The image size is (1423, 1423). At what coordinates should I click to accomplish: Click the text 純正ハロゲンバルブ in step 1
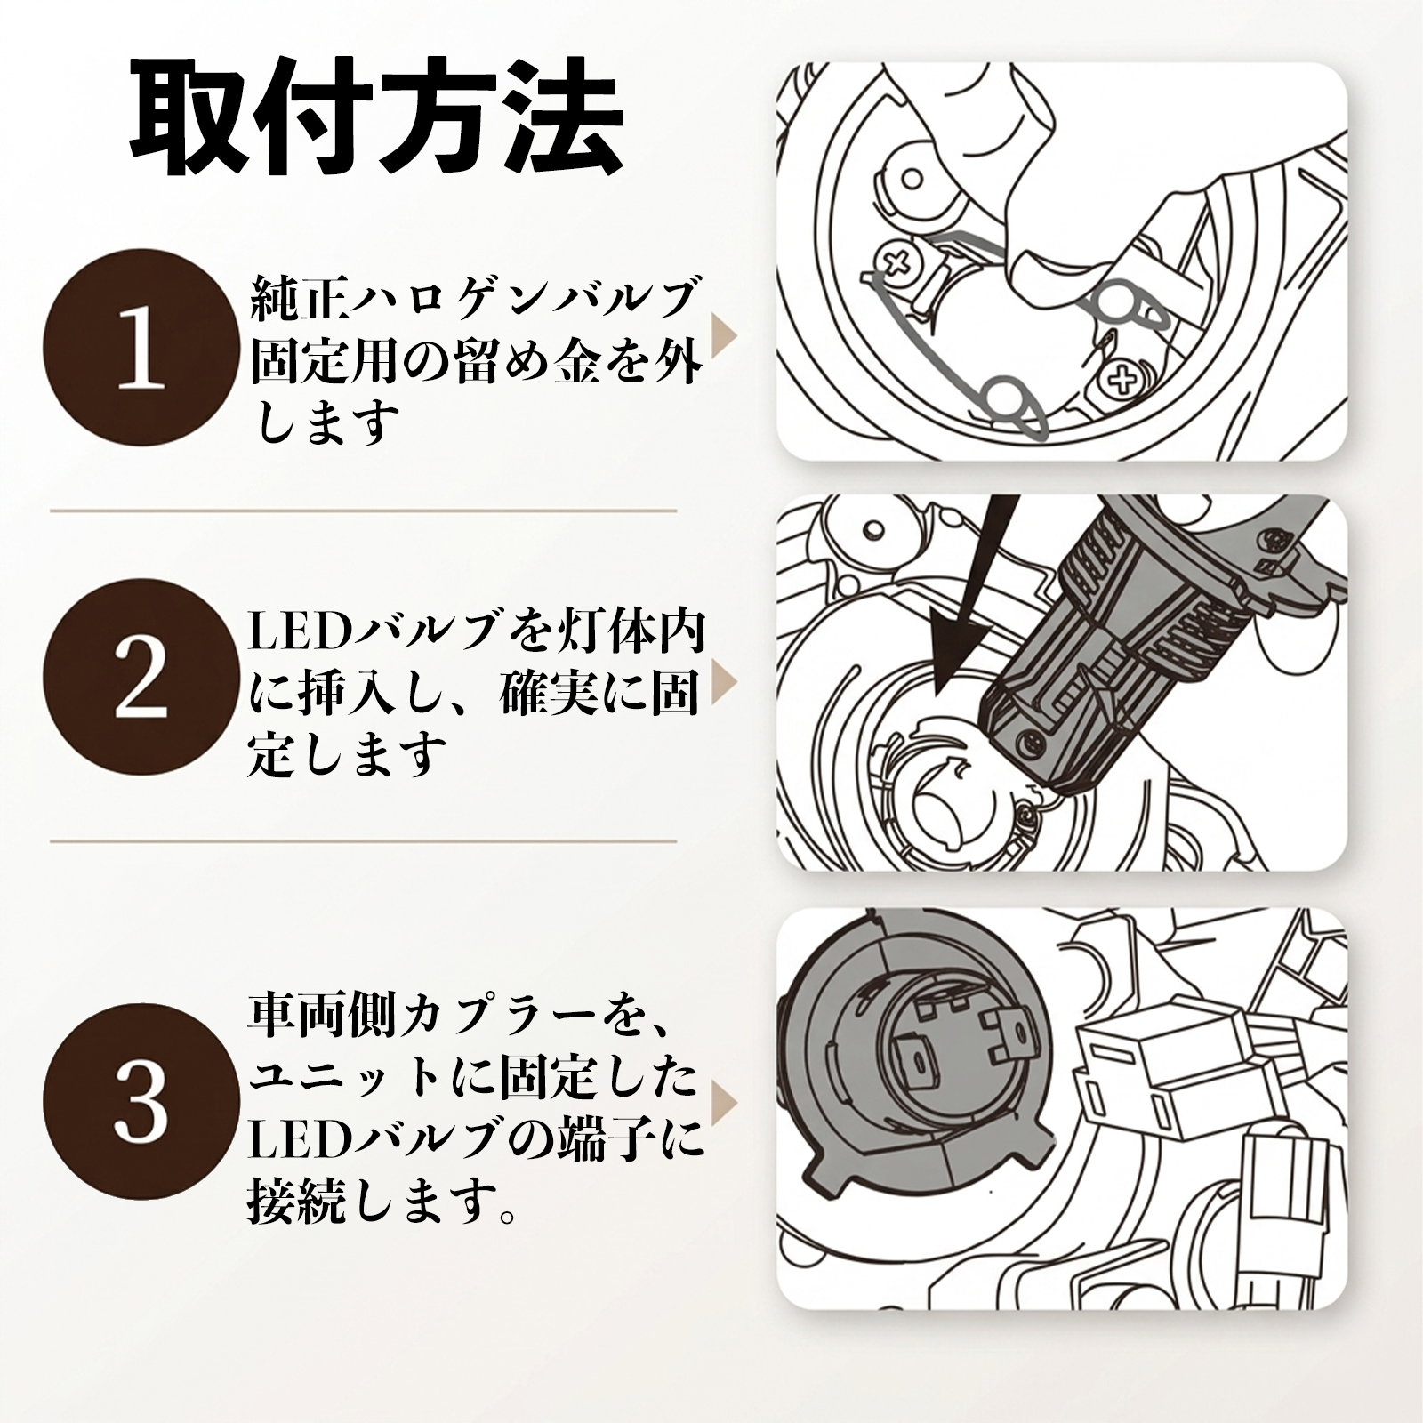coord(472,298)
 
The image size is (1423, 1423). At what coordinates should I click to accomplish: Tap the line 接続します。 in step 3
coord(383,1202)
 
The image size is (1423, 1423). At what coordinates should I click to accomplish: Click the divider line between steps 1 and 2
coord(364,511)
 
